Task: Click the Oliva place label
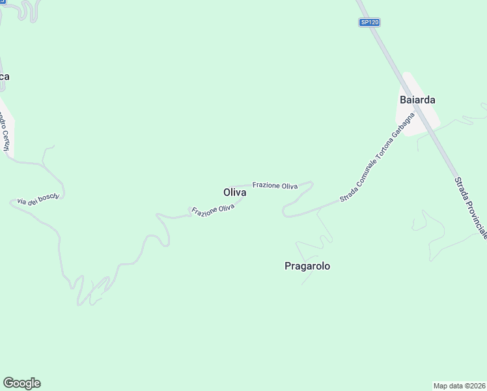click(x=234, y=193)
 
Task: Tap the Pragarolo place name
click(x=307, y=266)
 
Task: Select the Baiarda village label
click(x=417, y=100)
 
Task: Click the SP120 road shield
click(x=369, y=22)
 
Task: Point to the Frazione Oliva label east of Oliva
click(x=275, y=186)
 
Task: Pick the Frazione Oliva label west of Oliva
click(x=213, y=209)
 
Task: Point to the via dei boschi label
click(x=38, y=199)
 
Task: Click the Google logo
click(x=21, y=383)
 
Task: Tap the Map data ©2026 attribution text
click(x=460, y=385)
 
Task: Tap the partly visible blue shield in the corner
click(x=1, y=3)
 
